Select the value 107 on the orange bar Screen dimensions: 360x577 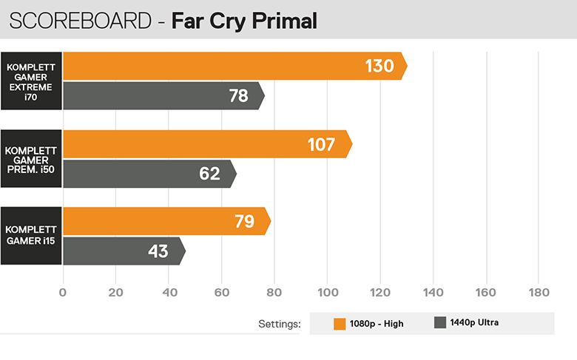point(322,144)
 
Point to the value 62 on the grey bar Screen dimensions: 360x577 point(210,174)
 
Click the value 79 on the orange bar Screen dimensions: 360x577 point(244,221)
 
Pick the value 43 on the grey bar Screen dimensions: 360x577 point(158,251)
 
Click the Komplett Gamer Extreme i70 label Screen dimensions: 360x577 point(31,81)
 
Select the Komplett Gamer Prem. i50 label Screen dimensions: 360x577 point(31,159)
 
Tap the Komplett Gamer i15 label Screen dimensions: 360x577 point(31,237)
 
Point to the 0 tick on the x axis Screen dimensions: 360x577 point(63,291)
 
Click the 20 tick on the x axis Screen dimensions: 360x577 point(115,291)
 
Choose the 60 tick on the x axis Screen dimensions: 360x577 point(221,291)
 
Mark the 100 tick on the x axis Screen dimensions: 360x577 point(326,291)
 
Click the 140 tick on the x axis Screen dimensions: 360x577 point(432,291)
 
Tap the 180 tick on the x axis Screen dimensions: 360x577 point(538,291)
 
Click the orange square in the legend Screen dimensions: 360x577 point(340,323)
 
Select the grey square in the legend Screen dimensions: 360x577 point(440,322)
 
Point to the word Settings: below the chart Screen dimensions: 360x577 point(280,324)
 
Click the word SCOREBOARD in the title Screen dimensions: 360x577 point(78,21)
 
